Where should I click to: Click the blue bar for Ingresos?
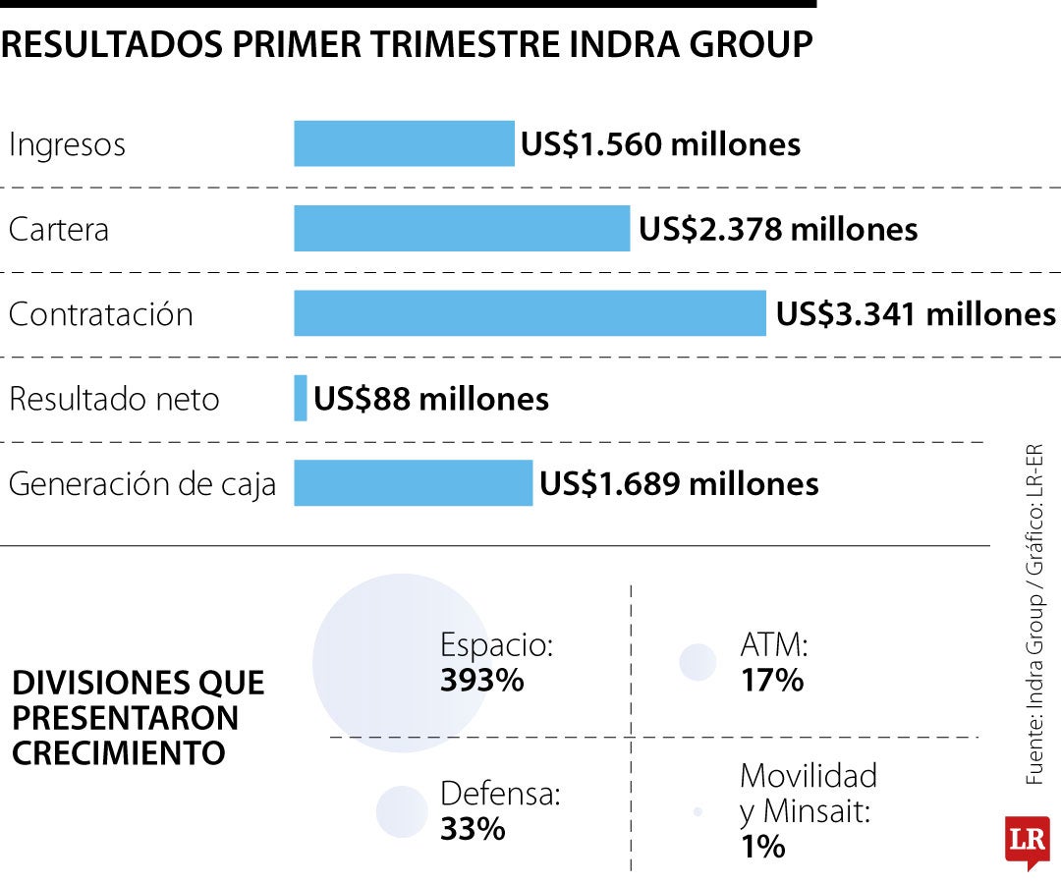coord(404,143)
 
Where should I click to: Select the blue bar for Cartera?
coord(462,229)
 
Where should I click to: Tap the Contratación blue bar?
coord(530,313)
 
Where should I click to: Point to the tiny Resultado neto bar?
coord(301,399)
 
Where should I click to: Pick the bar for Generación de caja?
coord(414,483)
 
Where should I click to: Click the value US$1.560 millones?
coord(660,144)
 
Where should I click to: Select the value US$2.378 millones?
coord(778,229)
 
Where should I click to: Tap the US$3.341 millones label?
coord(916,314)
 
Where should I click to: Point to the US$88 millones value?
coord(431,399)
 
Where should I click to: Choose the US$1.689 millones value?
coord(679,483)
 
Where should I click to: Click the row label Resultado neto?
coord(114,399)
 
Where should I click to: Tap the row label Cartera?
coord(59,229)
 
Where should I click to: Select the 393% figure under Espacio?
coord(481,680)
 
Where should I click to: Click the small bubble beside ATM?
coord(698,661)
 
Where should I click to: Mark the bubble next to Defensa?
coord(402,811)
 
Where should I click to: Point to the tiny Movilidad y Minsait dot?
coord(698,811)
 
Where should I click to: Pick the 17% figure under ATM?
coord(772,680)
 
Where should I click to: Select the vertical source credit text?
coord(1034,614)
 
